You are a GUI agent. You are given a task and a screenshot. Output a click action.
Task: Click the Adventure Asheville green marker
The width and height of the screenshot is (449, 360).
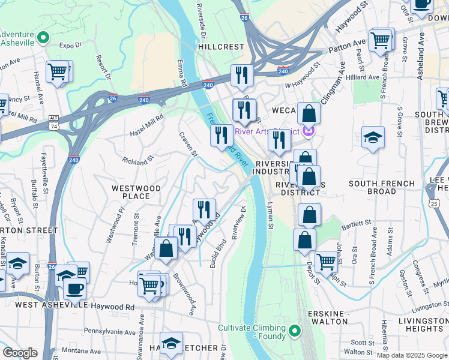tap(43, 38)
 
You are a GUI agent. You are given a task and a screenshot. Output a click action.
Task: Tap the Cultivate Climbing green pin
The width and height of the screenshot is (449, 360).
tap(294, 330)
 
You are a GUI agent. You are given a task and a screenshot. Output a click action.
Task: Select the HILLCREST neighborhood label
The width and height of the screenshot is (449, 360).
tap(221, 46)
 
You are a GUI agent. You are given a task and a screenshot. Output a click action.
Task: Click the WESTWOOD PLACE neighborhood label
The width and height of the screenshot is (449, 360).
tap(136, 192)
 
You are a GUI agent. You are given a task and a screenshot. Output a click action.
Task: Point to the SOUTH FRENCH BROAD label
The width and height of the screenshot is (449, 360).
tap(381, 187)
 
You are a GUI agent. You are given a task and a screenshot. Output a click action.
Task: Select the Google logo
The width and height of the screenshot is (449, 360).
tap(19, 353)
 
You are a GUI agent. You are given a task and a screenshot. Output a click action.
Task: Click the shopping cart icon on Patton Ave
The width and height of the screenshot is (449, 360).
tap(381, 40)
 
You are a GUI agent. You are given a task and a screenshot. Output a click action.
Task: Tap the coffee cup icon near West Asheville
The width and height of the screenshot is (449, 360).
tap(74, 288)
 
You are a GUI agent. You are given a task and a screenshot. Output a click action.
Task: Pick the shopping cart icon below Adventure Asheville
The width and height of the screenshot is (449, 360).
tap(58, 71)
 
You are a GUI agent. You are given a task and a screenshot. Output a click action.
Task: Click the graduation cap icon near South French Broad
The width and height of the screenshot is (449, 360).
tap(373, 137)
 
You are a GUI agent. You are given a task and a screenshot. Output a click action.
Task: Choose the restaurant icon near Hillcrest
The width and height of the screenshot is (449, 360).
tap(242, 74)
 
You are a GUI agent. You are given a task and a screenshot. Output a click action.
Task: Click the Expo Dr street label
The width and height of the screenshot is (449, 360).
tap(70, 45)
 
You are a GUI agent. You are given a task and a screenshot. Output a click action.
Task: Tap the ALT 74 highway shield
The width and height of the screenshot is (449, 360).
tap(54, 124)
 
